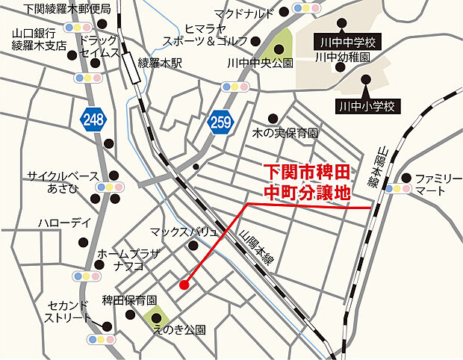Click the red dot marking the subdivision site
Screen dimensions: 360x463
pyautogui.click(x=184, y=284)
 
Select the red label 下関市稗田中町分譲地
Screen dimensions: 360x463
pyautogui.click(x=308, y=181)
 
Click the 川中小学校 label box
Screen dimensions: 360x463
pyautogui.click(x=366, y=106)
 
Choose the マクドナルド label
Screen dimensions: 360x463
pyautogui.click(x=244, y=13)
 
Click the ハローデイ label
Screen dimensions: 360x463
pyautogui.click(x=64, y=224)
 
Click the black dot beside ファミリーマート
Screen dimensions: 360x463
pyautogui.click(x=405, y=178)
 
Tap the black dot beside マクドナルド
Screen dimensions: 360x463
pyautogui.click(x=285, y=13)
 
